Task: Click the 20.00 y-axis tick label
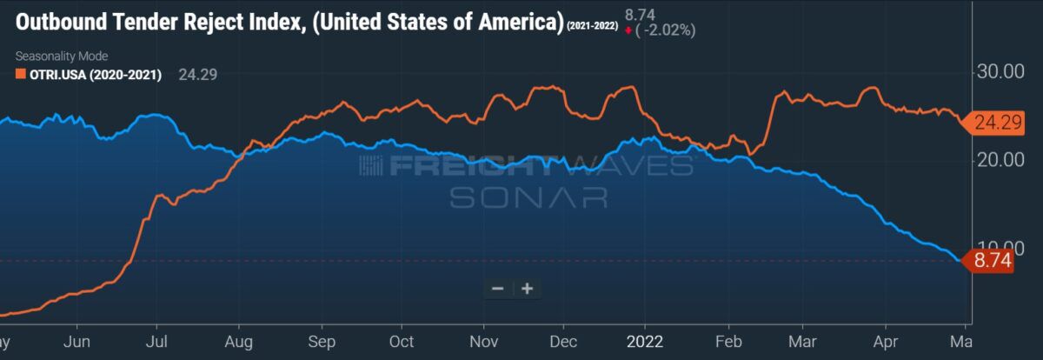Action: pos(994,160)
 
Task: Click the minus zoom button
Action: pos(498,289)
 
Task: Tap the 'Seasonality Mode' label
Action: pos(61,57)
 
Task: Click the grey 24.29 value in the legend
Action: pos(197,75)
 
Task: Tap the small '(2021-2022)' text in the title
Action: pos(592,28)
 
